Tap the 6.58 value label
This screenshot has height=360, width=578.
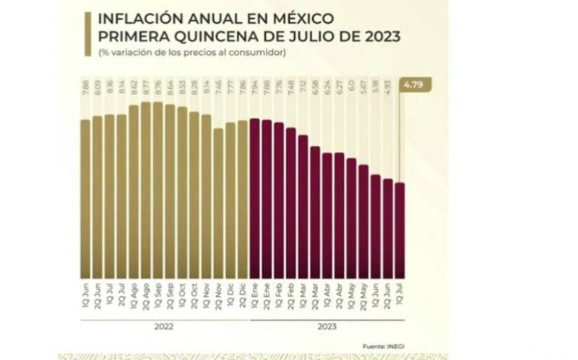point(315,93)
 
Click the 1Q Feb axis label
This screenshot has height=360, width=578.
point(279,296)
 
